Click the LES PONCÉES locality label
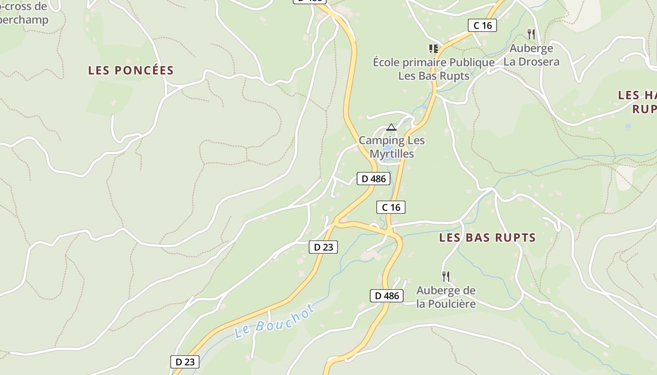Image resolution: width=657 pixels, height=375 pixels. [x=131, y=70]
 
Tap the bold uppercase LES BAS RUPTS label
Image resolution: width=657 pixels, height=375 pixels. [x=487, y=238]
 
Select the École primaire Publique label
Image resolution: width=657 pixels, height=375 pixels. [x=434, y=62]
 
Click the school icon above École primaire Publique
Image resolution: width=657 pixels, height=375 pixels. [x=433, y=48]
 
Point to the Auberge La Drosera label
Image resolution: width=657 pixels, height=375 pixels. [x=531, y=55]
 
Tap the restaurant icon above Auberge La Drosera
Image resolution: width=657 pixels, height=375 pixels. [x=531, y=34]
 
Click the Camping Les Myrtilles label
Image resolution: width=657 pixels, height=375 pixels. [x=392, y=147]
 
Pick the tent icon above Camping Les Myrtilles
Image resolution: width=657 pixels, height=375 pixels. [x=391, y=127]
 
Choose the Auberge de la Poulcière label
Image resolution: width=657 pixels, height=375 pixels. [x=446, y=297]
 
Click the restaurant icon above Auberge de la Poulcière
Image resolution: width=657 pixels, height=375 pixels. [x=445, y=276]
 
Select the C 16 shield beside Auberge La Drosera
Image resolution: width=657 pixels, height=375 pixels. [x=482, y=25]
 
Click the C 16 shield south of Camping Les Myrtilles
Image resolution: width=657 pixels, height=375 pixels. [x=390, y=207]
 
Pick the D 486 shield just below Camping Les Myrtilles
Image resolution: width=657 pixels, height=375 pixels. [x=374, y=179]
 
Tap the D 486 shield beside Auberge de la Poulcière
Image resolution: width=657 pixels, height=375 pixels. [x=387, y=296]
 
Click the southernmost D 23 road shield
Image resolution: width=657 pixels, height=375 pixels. [x=184, y=362]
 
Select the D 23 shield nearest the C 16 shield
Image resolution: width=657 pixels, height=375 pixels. [x=323, y=247]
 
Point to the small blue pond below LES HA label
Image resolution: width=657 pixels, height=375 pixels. [x=628, y=127]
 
